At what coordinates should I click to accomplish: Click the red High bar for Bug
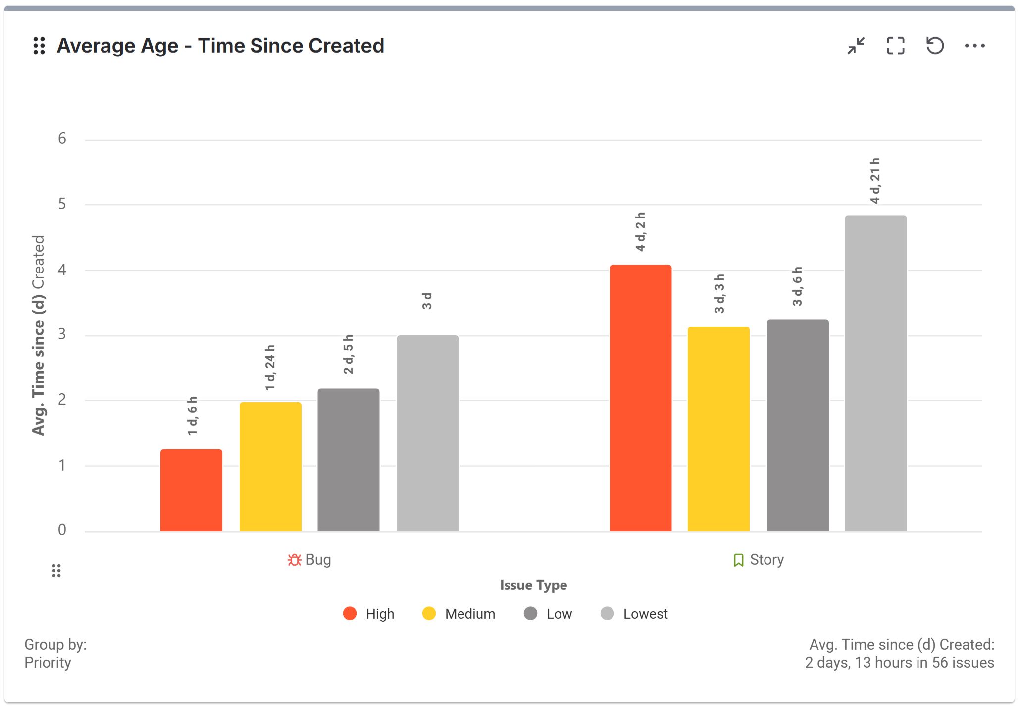tap(191, 490)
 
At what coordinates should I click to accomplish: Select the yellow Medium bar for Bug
tap(270, 466)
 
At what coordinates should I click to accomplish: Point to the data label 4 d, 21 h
tap(875, 181)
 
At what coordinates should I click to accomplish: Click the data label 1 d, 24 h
tap(270, 368)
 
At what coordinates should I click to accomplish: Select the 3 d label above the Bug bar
tap(427, 301)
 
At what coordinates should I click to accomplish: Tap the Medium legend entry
tap(469, 614)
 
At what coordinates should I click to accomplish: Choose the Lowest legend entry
tap(645, 614)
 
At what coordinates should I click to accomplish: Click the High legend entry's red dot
tap(350, 613)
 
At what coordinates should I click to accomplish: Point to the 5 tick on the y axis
tap(62, 204)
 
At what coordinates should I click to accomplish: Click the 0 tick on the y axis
tap(62, 530)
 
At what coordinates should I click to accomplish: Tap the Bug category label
tap(317, 559)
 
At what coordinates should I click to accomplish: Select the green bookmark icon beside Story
tap(738, 560)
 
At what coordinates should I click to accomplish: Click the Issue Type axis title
tap(533, 585)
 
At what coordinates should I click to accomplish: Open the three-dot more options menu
tap(974, 46)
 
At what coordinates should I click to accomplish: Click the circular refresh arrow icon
tap(935, 46)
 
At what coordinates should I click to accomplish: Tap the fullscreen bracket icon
tap(895, 46)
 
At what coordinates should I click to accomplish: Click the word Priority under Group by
tap(48, 662)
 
